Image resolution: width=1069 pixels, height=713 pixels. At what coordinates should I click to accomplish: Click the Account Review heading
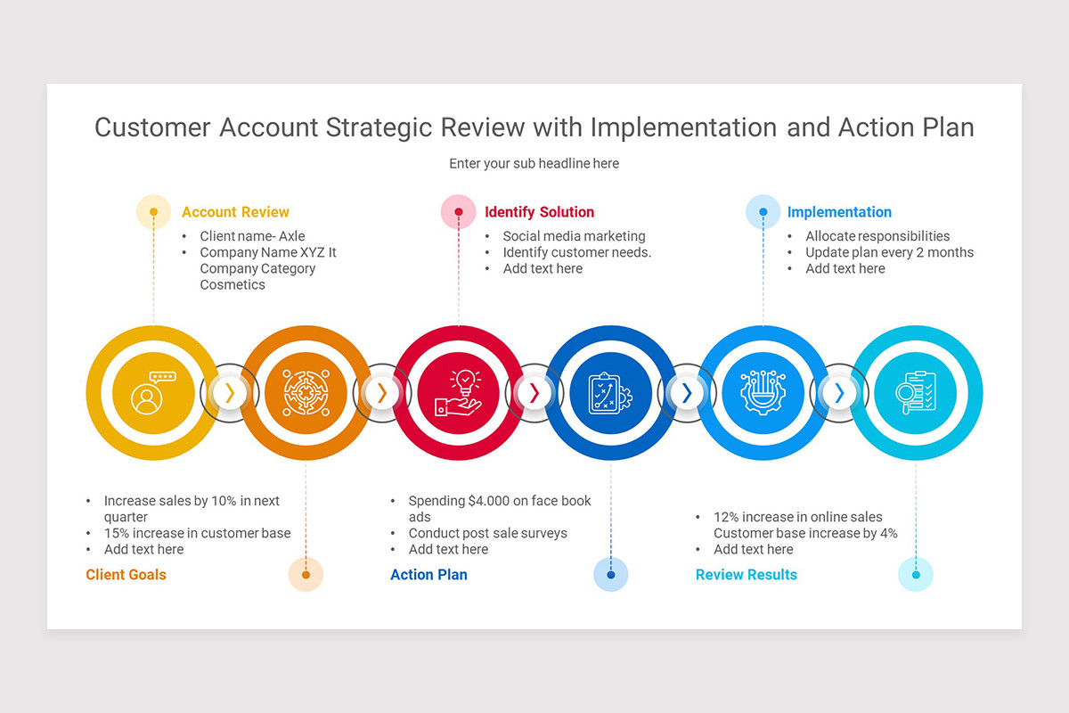tap(235, 212)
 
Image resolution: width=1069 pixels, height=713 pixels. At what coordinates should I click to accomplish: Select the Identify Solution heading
tap(539, 212)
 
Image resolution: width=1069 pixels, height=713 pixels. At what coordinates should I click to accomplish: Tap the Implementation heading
tap(839, 212)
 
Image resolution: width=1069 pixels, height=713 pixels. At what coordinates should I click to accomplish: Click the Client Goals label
tap(126, 575)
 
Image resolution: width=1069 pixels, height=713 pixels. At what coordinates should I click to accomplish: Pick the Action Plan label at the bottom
tap(428, 575)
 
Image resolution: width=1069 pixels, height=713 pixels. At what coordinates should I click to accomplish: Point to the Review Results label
tap(746, 575)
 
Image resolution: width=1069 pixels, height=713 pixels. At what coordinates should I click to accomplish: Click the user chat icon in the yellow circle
tap(151, 393)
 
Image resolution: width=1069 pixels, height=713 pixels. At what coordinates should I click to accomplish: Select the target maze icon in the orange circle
tap(306, 393)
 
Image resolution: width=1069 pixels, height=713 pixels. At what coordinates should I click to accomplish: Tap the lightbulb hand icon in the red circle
tap(458, 393)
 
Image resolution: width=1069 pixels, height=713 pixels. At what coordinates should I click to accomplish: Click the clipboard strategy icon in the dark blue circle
tap(611, 393)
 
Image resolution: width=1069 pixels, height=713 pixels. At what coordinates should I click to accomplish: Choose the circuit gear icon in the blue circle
tap(763, 393)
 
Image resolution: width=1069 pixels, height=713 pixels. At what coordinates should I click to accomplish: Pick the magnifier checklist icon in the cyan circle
tap(917, 393)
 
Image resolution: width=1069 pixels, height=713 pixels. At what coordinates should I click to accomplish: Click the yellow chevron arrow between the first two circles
tap(230, 393)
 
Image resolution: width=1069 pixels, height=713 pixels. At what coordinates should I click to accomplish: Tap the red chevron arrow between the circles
tap(534, 393)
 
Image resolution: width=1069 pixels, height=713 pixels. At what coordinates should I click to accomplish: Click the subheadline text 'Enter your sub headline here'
tap(534, 163)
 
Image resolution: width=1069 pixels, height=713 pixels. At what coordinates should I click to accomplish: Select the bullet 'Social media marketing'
tap(574, 236)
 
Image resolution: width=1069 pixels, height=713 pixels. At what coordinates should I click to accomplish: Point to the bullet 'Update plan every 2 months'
tap(889, 252)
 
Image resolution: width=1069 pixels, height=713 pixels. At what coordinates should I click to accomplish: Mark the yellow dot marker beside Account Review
tap(153, 212)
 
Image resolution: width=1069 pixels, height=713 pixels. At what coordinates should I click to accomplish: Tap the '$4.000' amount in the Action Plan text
tap(492, 501)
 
